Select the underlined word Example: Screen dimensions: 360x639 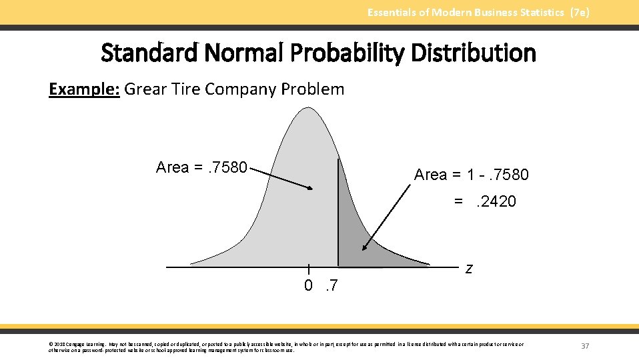pyautogui.click(x=84, y=89)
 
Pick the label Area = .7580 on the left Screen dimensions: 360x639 pyautogui.click(x=201, y=167)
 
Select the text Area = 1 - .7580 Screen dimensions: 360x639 pyautogui.click(x=471, y=175)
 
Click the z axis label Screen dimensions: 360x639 pyautogui.click(x=470, y=269)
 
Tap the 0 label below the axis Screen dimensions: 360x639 pyautogui.click(x=308, y=286)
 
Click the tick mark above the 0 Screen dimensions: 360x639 pyautogui.click(x=308, y=269)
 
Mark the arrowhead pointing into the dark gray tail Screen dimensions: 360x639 pyautogui.click(x=364, y=248)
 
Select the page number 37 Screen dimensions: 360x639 pyautogui.click(x=585, y=346)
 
